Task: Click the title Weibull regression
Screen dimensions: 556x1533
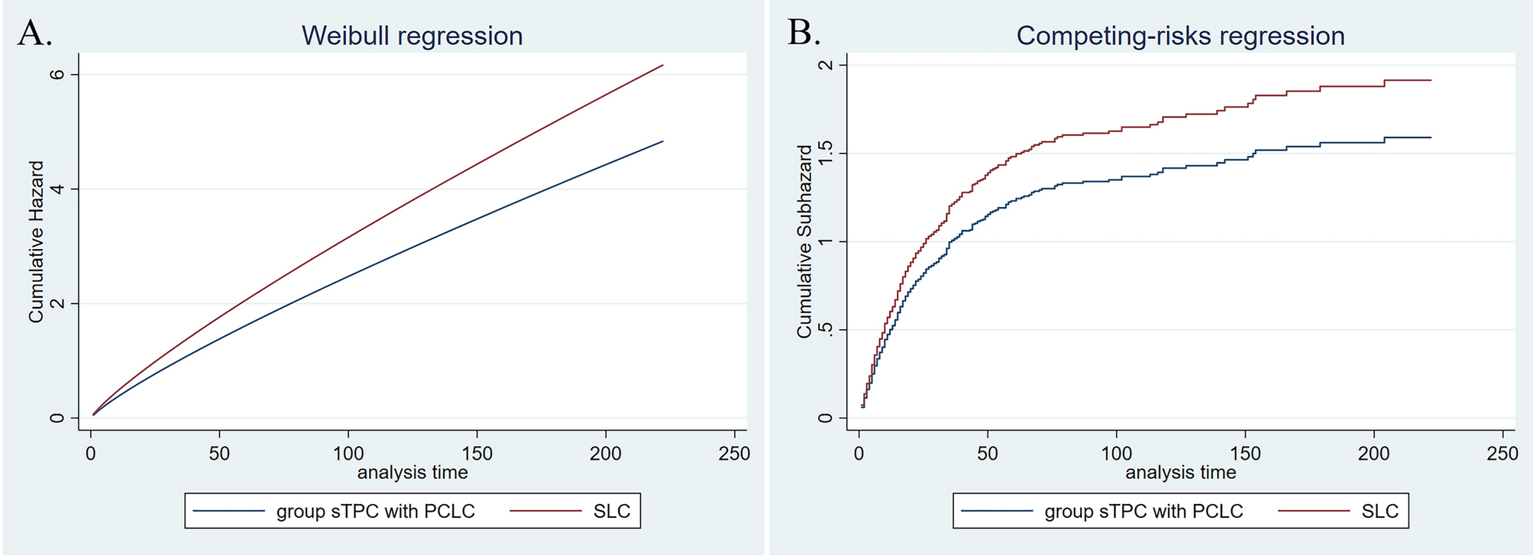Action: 412,36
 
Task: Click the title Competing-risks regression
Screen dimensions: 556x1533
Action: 1180,36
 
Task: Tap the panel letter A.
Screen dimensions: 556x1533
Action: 34,34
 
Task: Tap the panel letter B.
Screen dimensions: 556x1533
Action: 804,34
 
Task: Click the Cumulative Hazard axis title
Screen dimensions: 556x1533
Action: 36,241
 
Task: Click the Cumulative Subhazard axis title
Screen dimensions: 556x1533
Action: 804,241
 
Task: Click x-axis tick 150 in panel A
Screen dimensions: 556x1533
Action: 477,453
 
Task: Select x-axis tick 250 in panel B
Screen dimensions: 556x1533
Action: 1502,453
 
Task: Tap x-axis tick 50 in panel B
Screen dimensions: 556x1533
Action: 988,453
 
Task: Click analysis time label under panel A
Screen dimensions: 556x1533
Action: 412,473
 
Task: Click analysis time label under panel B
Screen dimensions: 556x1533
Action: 1180,473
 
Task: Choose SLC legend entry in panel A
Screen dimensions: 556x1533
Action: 611,511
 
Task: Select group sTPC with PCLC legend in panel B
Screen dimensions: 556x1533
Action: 1143,511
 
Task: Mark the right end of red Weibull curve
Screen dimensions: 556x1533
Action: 662,65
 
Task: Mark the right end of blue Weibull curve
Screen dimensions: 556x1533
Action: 662,141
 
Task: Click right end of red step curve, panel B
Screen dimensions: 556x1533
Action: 1430,80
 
